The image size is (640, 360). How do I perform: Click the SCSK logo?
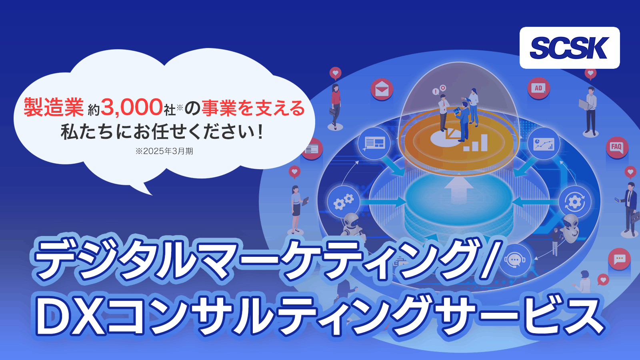tap(570, 48)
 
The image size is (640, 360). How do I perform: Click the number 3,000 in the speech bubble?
tap(132, 108)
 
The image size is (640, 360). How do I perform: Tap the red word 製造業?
tap(54, 108)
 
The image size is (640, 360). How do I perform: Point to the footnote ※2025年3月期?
tap(164, 151)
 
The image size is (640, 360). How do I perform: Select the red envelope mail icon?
tap(382, 89)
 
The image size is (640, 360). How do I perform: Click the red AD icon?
tap(538, 88)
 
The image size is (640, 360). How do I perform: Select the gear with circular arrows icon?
tap(574, 202)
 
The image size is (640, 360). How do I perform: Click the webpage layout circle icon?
tap(374, 143)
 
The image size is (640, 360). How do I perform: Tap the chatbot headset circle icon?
tap(515, 260)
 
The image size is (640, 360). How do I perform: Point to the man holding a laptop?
tap(590, 112)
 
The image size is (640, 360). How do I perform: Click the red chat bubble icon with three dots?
tap(620, 259)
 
